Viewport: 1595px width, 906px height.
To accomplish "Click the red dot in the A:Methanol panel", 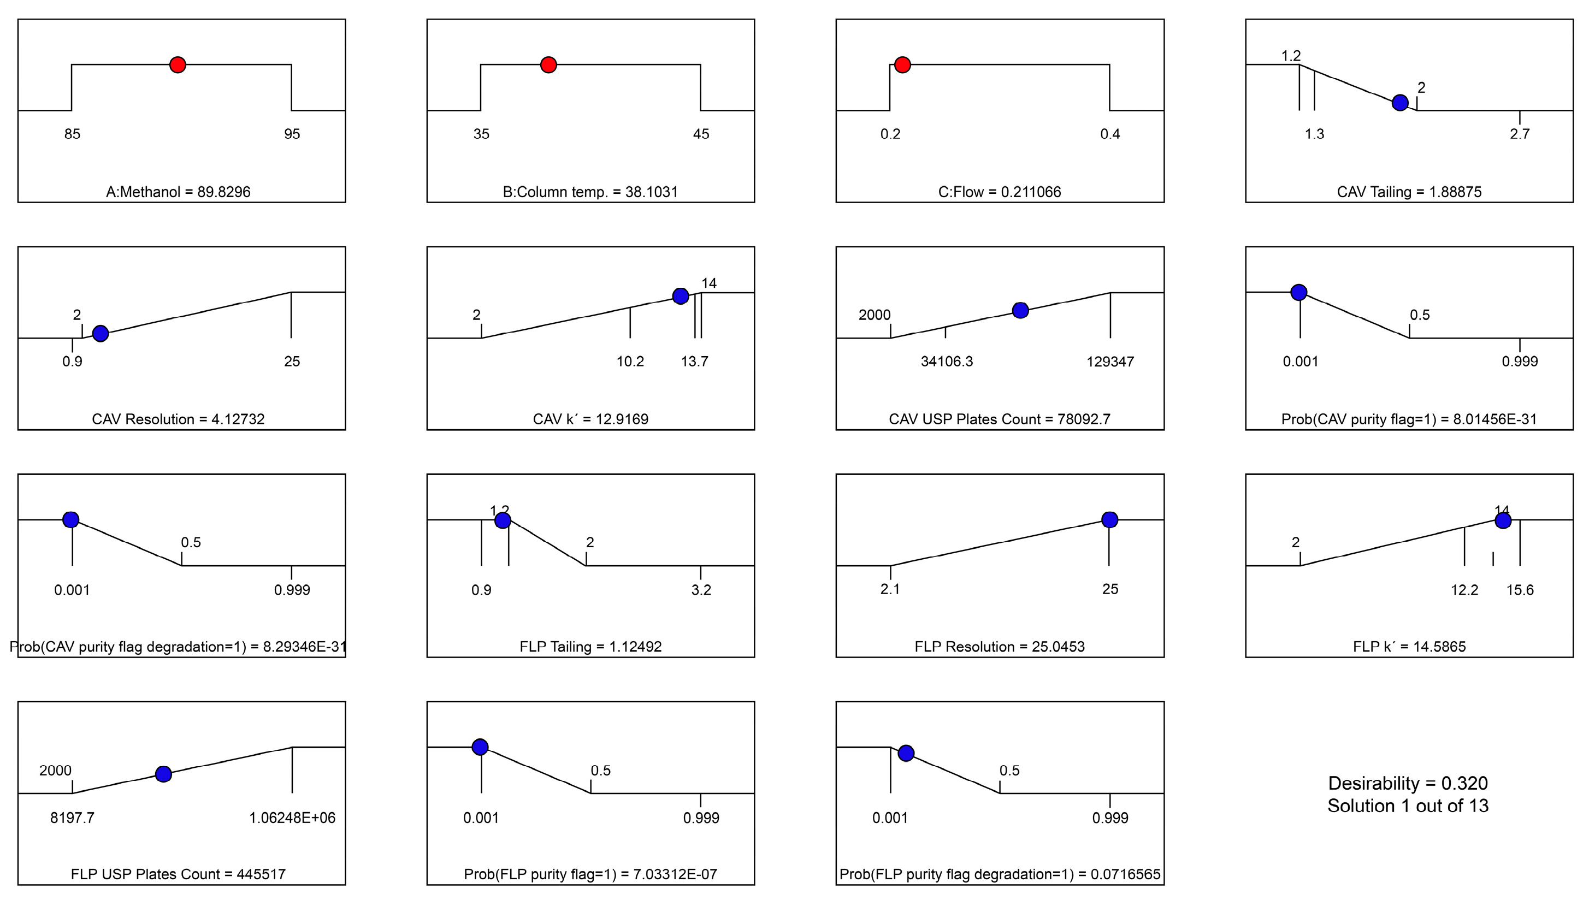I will tap(178, 64).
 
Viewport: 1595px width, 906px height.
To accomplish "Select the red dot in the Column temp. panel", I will tap(548, 64).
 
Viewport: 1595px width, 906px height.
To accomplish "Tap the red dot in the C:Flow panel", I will tap(902, 64).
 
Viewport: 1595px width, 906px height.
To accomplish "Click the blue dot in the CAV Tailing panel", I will tap(1399, 103).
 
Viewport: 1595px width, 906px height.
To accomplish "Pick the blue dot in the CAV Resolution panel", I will tap(100, 334).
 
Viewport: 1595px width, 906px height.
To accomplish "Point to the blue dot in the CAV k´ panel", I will tap(681, 295).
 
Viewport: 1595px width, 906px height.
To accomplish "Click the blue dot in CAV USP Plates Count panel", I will tap(1020, 311).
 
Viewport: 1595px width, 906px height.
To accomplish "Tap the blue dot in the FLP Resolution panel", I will tap(1109, 519).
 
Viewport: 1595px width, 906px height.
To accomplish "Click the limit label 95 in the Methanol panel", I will tap(292, 134).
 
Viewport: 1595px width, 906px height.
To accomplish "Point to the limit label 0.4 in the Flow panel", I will tap(1110, 134).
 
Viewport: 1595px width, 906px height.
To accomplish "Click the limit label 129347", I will tap(1110, 362).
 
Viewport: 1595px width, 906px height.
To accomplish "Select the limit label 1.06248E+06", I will tap(292, 818).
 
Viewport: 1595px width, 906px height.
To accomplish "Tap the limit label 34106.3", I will tap(947, 362).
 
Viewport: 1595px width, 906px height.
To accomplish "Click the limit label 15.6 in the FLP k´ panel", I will tap(1520, 589).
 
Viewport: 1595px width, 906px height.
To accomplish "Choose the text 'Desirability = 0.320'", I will tap(1408, 783).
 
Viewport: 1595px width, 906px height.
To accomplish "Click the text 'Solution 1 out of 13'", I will tap(1408, 806).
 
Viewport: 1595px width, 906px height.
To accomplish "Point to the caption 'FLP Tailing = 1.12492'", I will tap(590, 647).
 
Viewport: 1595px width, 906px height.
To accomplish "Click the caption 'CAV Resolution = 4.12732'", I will tap(178, 419).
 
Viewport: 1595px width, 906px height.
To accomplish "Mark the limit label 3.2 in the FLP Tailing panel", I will tap(701, 589).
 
